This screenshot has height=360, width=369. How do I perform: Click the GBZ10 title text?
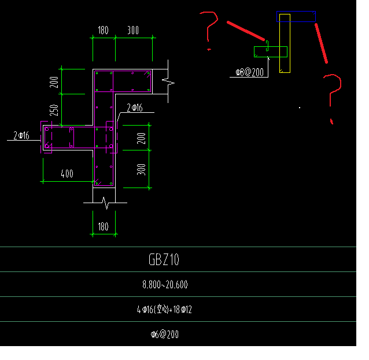tap(164, 260)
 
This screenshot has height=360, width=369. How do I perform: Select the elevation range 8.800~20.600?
tap(165, 285)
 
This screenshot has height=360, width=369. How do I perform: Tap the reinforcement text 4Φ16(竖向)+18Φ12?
tap(165, 310)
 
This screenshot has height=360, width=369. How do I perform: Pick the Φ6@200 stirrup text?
tap(165, 334)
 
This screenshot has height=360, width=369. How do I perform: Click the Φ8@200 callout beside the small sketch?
tap(249, 72)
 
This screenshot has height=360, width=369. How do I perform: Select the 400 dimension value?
tap(67, 174)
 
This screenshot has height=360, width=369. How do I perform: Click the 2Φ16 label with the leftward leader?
tap(23, 136)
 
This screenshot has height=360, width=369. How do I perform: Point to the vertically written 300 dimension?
tap(142, 168)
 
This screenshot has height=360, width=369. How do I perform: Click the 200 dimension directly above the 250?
tap(54, 82)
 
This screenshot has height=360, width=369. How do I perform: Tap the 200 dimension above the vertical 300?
tap(141, 138)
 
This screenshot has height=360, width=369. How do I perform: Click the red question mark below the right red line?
tap(331, 95)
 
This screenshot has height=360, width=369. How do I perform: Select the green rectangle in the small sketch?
tap(270, 52)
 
